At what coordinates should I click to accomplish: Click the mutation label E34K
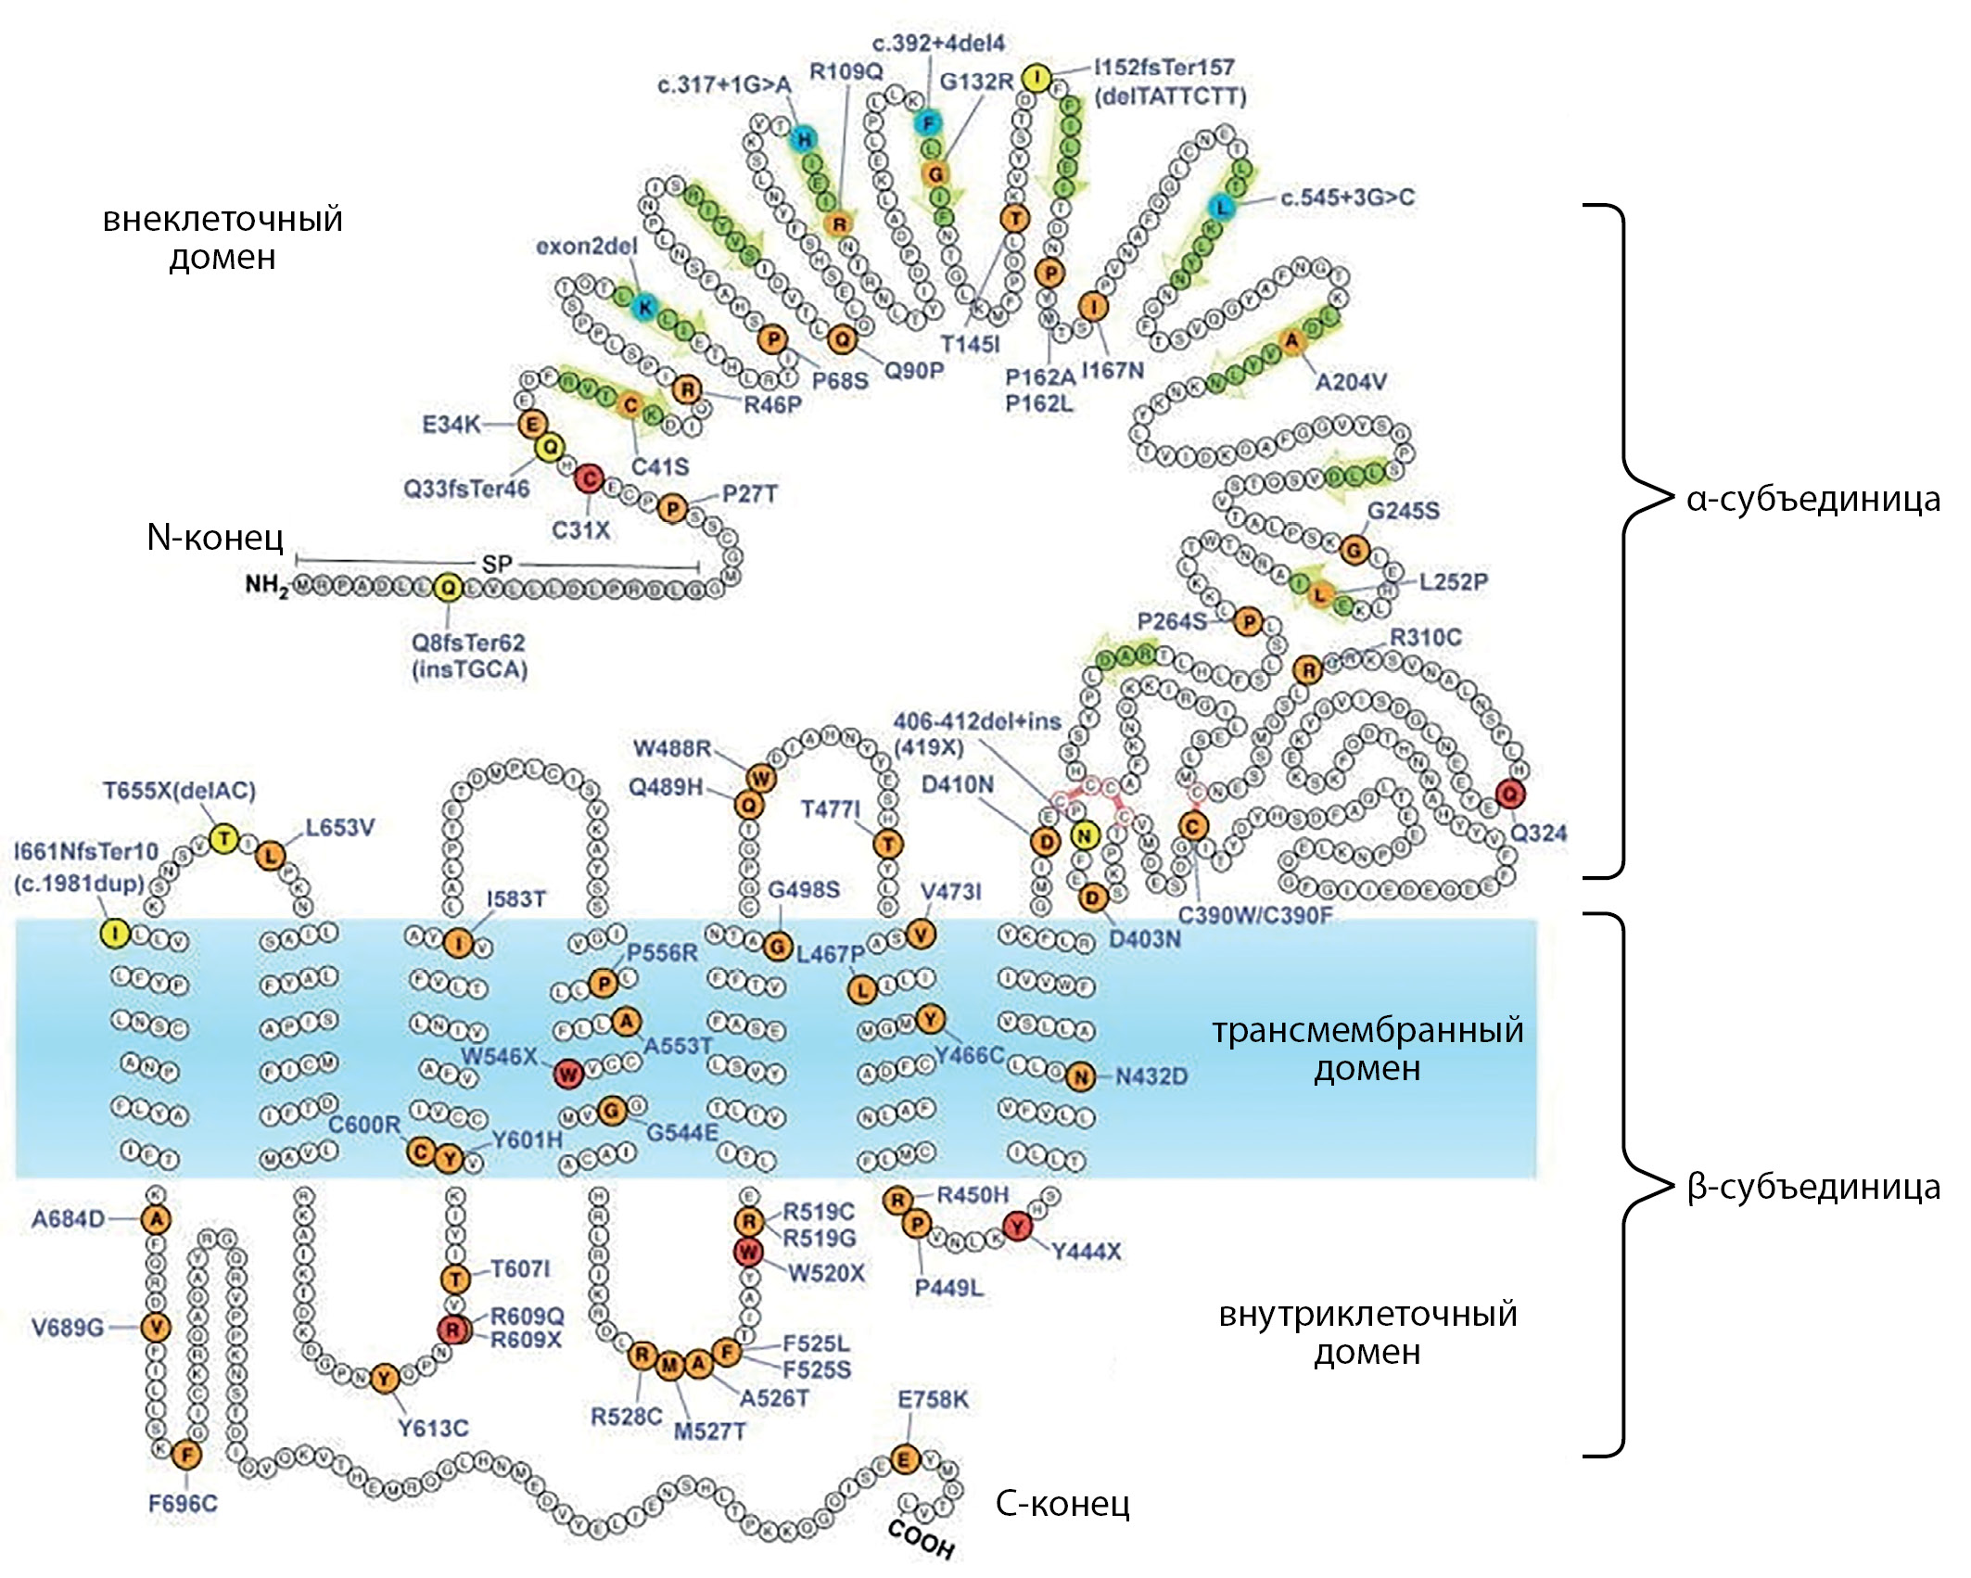(x=451, y=425)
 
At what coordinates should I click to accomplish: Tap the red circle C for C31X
(x=589, y=479)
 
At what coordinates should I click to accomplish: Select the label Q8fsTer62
(x=468, y=643)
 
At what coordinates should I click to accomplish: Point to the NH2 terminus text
(x=266, y=585)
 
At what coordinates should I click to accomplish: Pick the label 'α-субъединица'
(x=1812, y=500)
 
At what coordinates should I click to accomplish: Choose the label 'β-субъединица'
(x=1812, y=1188)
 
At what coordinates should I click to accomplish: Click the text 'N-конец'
(x=215, y=537)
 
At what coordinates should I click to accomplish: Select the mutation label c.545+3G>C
(x=1347, y=197)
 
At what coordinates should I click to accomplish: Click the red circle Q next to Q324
(x=1509, y=794)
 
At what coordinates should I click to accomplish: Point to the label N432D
(x=1151, y=1076)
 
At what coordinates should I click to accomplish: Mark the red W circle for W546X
(x=568, y=1074)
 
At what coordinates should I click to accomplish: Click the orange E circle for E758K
(x=905, y=1460)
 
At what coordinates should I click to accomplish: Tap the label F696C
(x=183, y=1504)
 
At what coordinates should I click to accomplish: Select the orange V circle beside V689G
(x=156, y=1328)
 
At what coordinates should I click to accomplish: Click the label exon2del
(x=586, y=247)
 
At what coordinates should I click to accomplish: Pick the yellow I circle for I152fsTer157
(x=1036, y=77)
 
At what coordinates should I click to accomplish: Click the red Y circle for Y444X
(x=1018, y=1227)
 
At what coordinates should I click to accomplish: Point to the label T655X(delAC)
(x=179, y=791)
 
